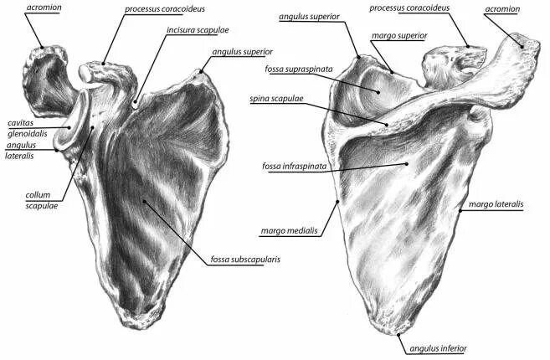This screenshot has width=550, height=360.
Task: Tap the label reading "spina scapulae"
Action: coord(276,99)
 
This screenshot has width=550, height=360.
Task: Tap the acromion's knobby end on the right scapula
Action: coord(529,43)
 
